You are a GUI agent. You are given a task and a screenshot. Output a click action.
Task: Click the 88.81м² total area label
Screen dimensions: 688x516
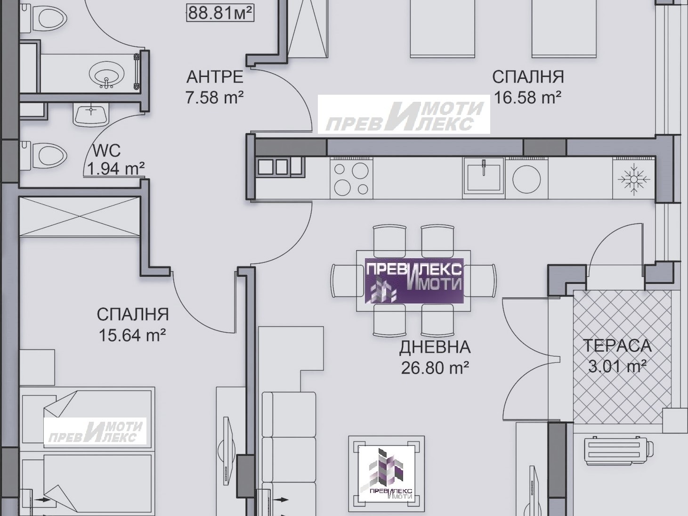coord(220,13)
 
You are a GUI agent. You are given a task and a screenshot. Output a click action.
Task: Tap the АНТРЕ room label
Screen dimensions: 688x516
coord(215,77)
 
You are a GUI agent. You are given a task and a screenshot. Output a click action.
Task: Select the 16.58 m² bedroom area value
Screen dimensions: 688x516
coord(527,97)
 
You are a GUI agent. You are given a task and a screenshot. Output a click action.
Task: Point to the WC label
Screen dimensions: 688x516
coord(106,151)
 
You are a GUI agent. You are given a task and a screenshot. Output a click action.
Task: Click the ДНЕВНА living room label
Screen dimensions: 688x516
coord(435,347)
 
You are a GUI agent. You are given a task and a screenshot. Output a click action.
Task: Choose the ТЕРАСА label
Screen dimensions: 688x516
coord(617,345)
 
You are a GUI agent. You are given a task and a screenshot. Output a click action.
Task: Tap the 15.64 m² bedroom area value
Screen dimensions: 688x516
coord(132,335)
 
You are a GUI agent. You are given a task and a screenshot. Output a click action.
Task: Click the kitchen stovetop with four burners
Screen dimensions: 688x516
coord(351,179)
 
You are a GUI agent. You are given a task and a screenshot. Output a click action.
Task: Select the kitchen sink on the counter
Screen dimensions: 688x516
coord(484,178)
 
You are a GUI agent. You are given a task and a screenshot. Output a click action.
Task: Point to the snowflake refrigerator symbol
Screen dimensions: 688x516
coord(634,179)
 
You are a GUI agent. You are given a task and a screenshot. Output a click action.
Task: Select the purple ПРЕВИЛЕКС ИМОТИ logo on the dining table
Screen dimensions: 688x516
coord(414,281)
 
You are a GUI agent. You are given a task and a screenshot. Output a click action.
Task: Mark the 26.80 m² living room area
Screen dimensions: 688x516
coord(435,368)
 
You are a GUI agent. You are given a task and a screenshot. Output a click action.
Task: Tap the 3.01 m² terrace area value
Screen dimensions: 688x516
coord(617,366)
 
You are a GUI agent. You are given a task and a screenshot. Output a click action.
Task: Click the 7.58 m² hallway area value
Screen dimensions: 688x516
coord(215,97)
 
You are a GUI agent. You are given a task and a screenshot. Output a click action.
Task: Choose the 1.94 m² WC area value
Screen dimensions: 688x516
coord(116,169)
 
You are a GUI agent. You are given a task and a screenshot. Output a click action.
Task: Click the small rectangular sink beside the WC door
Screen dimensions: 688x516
coord(91,115)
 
